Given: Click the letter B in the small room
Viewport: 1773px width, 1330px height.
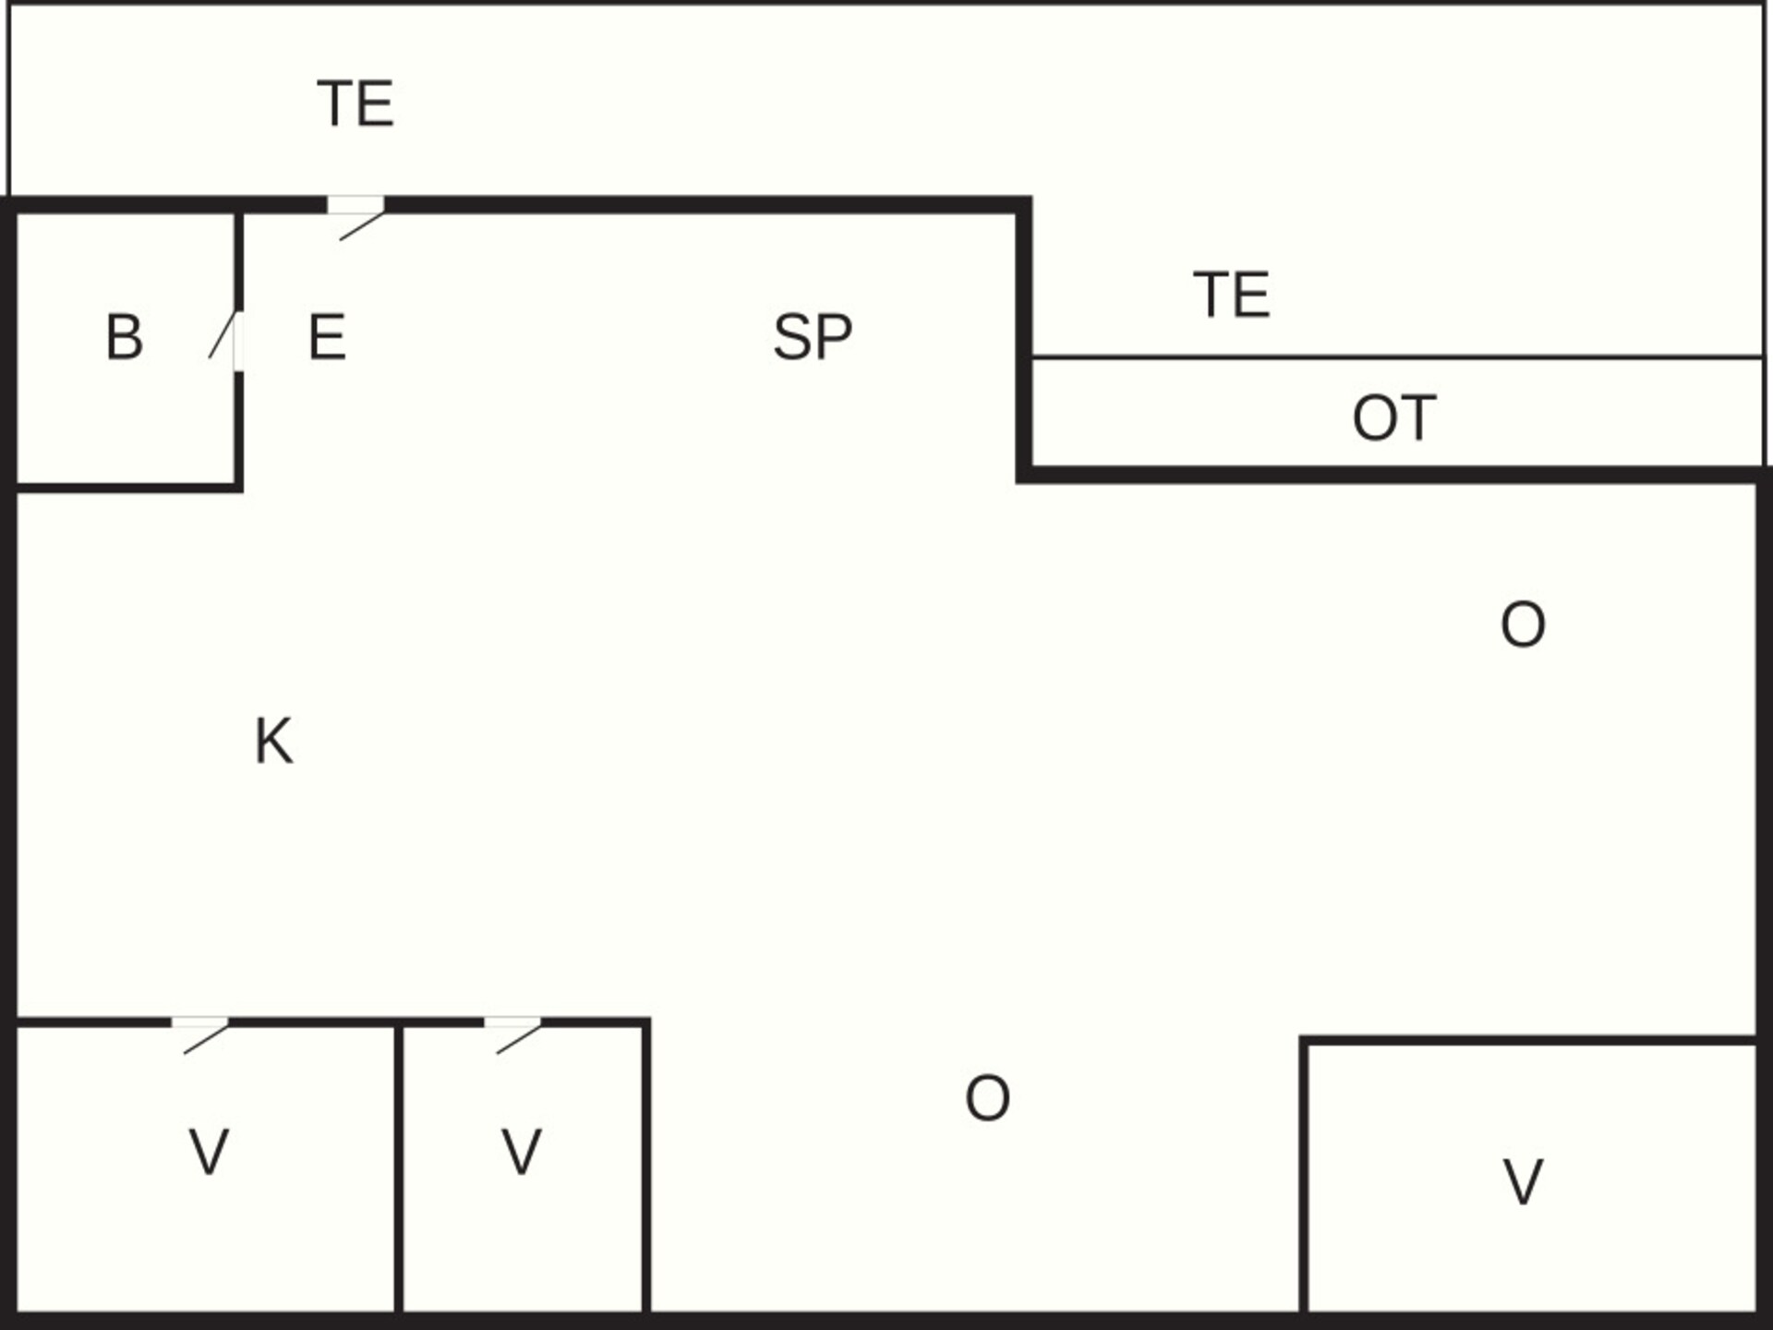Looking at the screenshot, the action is pyautogui.click(x=125, y=336).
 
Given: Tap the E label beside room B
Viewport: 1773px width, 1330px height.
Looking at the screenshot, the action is pyautogui.click(x=327, y=336).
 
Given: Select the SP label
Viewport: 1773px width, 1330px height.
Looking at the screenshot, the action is pyautogui.click(x=813, y=336).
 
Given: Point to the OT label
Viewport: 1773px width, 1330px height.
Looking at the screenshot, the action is pyautogui.click(x=1394, y=417).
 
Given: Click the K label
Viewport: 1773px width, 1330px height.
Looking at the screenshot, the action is pyautogui.click(x=273, y=741).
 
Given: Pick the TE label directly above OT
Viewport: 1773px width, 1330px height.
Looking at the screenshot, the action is pyautogui.click(x=1232, y=295).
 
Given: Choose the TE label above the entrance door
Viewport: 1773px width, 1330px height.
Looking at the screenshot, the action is pyautogui.click(x=356, y=103).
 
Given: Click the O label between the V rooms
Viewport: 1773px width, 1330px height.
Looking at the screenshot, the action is pyautogui.click(x=987, y=1098).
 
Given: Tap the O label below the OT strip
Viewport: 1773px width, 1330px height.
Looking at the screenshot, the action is pyautogui.click(x=1523, y=624).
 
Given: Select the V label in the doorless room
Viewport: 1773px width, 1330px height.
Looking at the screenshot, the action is pyautogui.click(x=1523, y=1181).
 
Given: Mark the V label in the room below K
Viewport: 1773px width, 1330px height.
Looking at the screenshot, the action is pyautogui.click(x=209, y=1152).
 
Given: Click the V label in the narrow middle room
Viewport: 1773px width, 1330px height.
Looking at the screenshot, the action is pyautogui.click(x=521, y=1152).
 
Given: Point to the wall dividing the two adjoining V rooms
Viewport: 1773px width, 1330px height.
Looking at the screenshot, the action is pyautogui.click(x=399, y=1167).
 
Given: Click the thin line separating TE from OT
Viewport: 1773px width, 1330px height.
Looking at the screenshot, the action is pyautogui.click(x=1397, y=357).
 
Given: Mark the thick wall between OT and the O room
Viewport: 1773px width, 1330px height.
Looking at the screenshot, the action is pyautogui.click(x=1394, y=475).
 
